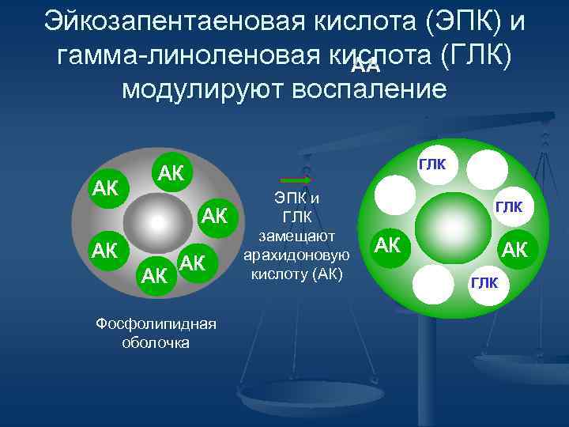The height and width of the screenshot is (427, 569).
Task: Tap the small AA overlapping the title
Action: click(365, 66)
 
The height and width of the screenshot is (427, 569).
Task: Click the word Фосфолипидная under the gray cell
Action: click(156, 325)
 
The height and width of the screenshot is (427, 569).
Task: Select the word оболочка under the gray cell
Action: click(156, 342)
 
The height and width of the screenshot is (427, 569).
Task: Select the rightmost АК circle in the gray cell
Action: click(215, 215)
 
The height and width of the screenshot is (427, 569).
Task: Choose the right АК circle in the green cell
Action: click(514, 250)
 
